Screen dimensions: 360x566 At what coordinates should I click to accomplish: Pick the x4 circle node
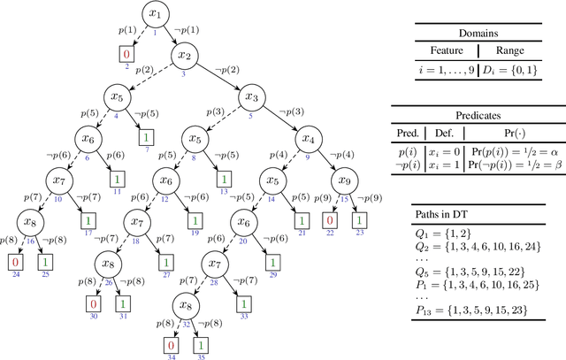pos(307,140)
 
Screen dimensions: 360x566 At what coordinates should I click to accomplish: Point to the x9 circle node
pos(347,181)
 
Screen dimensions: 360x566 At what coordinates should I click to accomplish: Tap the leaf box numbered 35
pos(201,345)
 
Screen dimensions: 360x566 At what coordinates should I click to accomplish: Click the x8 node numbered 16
pos(27,222)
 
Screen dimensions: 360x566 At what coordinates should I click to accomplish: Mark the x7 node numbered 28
pos(209,263)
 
